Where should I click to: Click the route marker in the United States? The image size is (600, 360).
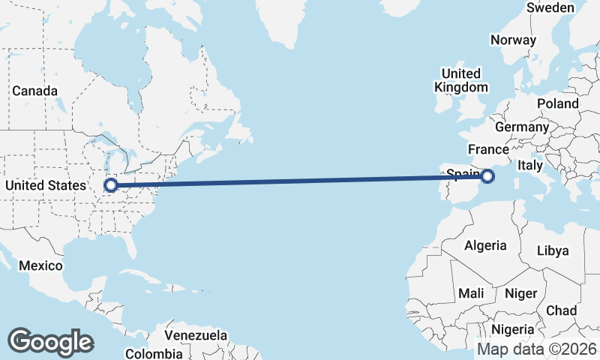[111, 184]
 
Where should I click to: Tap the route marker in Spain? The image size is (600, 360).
[487, 176]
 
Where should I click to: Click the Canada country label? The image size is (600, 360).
[34, 91]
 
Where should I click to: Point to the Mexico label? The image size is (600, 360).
[40, 265]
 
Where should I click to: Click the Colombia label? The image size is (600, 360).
[154, 353]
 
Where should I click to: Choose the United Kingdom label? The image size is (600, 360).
[460, 80]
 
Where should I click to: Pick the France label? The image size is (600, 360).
[488, 149]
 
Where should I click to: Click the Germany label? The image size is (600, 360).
[522, 127]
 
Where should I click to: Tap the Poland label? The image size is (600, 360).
[557, 103]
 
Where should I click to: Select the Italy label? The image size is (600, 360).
[530, 164]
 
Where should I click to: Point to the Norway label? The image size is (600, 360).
[513, 40]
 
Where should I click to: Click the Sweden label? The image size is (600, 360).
[550, 7]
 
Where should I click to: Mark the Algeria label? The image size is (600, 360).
[485, 245]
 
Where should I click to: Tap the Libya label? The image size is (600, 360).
[553, 250]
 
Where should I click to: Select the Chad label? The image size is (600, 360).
[562, 310]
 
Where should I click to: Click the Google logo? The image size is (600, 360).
[51, 341]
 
